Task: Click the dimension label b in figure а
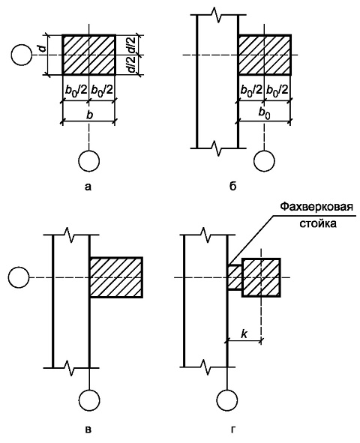click(90, 115)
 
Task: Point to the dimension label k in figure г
click(244, 334)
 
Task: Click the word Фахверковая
click(316, 207)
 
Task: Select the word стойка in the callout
click(318, 223)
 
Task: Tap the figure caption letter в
click(88, 430)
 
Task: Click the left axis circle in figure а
click(22, 55)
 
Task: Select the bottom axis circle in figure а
click(89, 160)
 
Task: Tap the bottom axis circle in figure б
click(264, 160)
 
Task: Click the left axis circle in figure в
click(19, 277)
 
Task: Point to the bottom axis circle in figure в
click(89, 400)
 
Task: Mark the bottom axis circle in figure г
click(227, 400)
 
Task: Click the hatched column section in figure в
click(115, 277)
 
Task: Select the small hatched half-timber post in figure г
click(234, 277)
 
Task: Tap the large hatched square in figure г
click(261, 277)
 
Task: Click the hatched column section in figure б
click(265, 55)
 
